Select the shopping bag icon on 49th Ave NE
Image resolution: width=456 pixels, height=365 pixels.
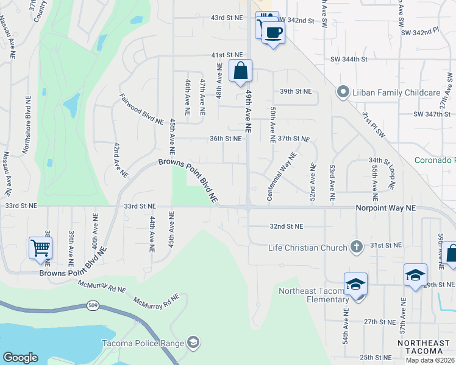point(241,71)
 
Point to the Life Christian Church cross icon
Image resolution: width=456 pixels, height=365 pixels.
point(358,246)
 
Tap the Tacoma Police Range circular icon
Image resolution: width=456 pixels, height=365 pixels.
point(193,343)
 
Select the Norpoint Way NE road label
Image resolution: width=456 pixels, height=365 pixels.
point(385,207)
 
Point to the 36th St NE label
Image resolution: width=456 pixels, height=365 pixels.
point(226,138)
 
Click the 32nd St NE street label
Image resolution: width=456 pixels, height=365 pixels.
point(287,226)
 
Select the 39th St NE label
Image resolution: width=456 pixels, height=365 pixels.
point(295,91)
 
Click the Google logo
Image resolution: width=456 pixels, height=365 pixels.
point(20,357)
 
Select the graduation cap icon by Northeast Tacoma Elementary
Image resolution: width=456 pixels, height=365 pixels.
point(355,283)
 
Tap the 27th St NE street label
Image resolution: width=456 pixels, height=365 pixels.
point(380,321)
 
